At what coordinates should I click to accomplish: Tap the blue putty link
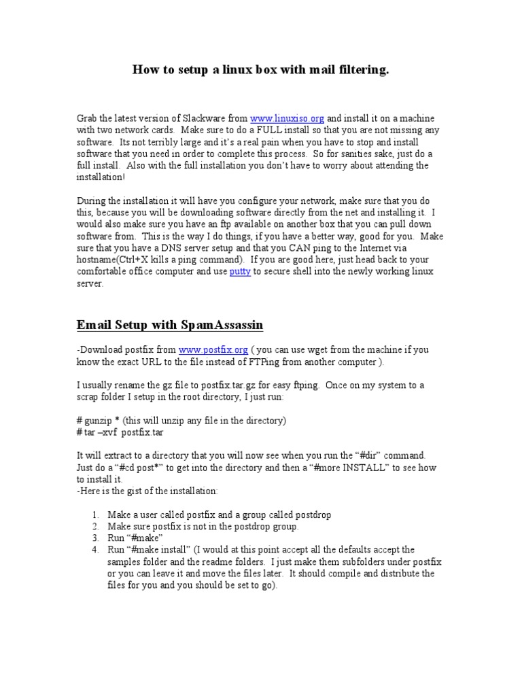[240, 272]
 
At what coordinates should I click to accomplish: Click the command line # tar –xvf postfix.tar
[120, 432]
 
